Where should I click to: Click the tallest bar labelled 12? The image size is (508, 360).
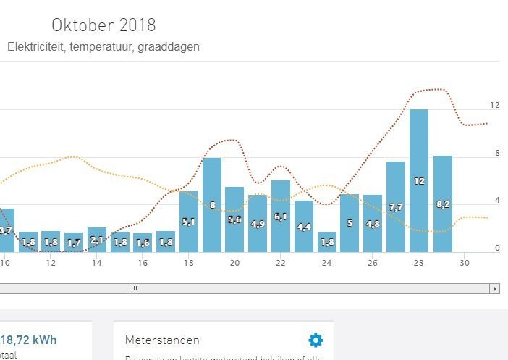[x=419, y=180]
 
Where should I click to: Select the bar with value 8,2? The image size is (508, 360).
[x=442, y=204]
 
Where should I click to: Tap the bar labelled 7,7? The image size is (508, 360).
[x=396, y=206]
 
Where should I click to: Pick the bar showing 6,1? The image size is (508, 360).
[x=281, y=216]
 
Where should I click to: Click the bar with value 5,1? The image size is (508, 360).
[x=189, y=221]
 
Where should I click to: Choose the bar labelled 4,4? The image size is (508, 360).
[x=304, y=226]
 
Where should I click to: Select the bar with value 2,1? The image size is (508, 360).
[x=97, y=240]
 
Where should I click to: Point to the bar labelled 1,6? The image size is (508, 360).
[x=143, y=243]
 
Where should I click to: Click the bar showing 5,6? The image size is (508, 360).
[x=234, y=219]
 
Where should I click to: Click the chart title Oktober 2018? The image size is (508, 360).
[x=103, y=25]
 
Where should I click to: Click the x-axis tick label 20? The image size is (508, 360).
[x=234, y=263]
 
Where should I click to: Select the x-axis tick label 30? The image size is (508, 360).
[x=465, y=263]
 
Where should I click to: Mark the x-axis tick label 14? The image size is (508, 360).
[x=97, y=263]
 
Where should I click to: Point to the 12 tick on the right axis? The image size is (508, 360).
[x=495, y=106]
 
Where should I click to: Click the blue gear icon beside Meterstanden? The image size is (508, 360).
[x=316, y=340]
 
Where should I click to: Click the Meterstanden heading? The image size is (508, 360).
[x=162, y=340]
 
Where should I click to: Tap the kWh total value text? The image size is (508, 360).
[x=29, y=340]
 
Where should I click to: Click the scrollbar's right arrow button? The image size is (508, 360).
[x=495, y=288]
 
